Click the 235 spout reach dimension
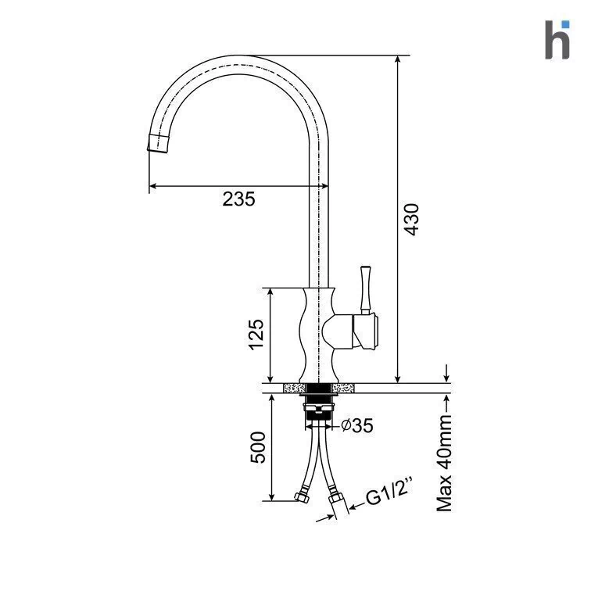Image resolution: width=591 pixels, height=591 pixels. coord(238,199)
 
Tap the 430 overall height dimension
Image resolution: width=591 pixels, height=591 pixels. coord(411,220)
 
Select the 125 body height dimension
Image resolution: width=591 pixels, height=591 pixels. coord(256,335)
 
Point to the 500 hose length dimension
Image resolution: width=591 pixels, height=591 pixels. coord(258,447)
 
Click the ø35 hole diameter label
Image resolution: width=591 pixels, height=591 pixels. coord(357,425)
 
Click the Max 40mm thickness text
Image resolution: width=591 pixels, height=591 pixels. coord(444,464)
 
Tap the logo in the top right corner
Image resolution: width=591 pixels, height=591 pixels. coord(557,40)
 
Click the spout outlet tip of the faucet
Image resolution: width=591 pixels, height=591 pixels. coord(157,144)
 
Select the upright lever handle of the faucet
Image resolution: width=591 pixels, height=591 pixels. coord(365,289)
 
